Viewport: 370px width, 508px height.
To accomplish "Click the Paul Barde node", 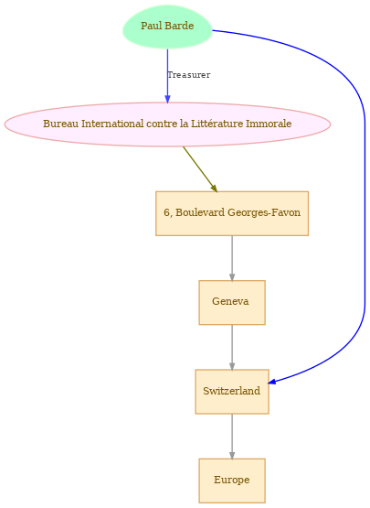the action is [167, 27].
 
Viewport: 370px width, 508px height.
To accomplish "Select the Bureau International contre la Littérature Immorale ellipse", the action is [167, 124].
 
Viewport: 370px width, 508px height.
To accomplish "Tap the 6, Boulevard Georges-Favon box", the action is [232, 213].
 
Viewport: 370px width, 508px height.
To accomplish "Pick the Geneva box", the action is [232, 302].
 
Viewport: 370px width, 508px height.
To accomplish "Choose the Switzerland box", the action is [232, 392].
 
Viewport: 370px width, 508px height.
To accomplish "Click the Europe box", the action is [232, 481].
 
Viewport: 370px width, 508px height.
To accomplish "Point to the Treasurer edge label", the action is [189, 75].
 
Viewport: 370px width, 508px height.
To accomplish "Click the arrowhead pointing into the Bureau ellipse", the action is [167, 99].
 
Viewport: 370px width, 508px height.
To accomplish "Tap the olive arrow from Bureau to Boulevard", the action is [200, 168].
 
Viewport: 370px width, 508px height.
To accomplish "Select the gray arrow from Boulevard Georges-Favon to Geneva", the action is [232, 258].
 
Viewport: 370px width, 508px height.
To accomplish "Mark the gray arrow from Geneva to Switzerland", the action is [232, 347].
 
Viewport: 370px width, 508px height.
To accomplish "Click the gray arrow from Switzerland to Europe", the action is [232, 436].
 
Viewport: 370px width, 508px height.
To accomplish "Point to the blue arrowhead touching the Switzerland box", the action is [272, 382].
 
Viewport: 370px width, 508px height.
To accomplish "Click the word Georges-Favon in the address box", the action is [264, 213].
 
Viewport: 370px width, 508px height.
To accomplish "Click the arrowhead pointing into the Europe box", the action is [232, 455].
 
